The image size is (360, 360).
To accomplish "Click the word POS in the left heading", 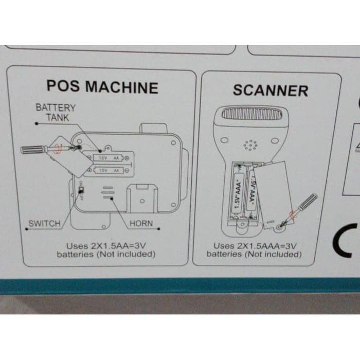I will pyautogui.click(x=63, y=86).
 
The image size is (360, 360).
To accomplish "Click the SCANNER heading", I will pyautogui.click(x=270, y=90).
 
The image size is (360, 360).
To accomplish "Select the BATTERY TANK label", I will pyautogui.click(x=55, y=112).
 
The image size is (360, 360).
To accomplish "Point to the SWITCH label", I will pyautogui.click(x=44, y=224).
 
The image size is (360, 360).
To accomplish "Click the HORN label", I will pyautogui.click(x=141, y=224).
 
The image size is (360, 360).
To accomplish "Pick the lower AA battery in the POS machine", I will pyautogui.click(x=109, y=170).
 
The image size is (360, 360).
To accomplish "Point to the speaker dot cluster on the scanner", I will pyautogui.click(x=251, y=146).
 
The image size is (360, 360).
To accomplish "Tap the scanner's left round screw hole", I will pyautogui.click(x=224, y=140).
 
